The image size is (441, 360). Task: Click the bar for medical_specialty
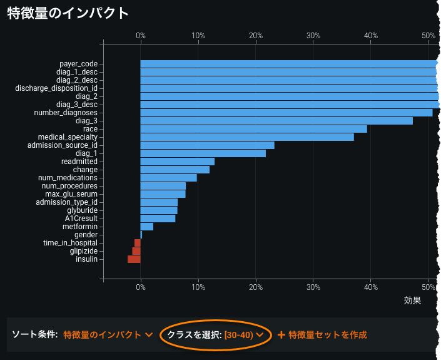coord(247,137)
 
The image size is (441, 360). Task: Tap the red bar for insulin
coord(134,259)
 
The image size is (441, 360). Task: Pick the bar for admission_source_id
coord(207,145)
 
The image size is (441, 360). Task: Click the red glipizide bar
coord(136,251)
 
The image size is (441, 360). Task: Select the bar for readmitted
coord(177,162)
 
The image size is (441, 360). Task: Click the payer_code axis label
coord(78,64)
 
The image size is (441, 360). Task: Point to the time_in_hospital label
coord(70,243)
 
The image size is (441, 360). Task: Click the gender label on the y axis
coord(86,235)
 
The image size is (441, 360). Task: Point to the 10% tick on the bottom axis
coord(198,287)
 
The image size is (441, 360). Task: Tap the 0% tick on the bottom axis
coord(141,287)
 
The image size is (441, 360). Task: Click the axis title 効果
coord(412,301)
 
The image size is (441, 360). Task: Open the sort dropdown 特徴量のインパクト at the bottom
coord(108,335)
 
